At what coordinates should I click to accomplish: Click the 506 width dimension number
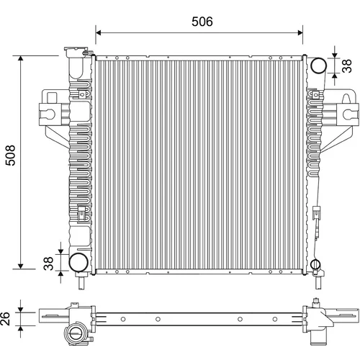pos(202,22)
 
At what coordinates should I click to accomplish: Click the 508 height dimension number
pos(11,156)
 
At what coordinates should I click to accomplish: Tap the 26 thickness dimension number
pos(5,319)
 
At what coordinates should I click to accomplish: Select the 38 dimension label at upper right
pos(347,66)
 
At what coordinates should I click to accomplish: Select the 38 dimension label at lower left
pos(48,264)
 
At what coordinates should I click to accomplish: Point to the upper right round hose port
pos(318,66)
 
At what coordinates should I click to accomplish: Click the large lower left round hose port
pos(78,262)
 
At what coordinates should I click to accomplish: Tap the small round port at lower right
pos(315,264)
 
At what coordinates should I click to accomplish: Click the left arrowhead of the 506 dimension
pos(98,33)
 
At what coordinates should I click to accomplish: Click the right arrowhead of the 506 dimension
pos(300,33)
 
